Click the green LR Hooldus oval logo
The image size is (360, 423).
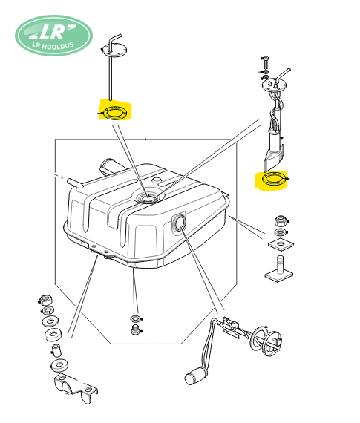[53, 36]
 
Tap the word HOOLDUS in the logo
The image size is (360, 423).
[58, 45]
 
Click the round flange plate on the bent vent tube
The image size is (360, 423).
[114, 50]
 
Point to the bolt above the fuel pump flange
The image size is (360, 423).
[266, 63]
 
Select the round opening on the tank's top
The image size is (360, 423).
[147, 199]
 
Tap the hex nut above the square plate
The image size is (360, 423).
[281, 221]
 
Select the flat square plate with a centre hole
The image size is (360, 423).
[281, 244]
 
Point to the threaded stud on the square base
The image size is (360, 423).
[280, 264]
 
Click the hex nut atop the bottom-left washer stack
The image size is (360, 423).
[46, 300]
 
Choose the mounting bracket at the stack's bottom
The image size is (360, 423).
[76, 388]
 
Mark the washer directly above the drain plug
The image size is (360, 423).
[136, 318]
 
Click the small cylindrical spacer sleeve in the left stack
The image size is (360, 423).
[56, 350]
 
